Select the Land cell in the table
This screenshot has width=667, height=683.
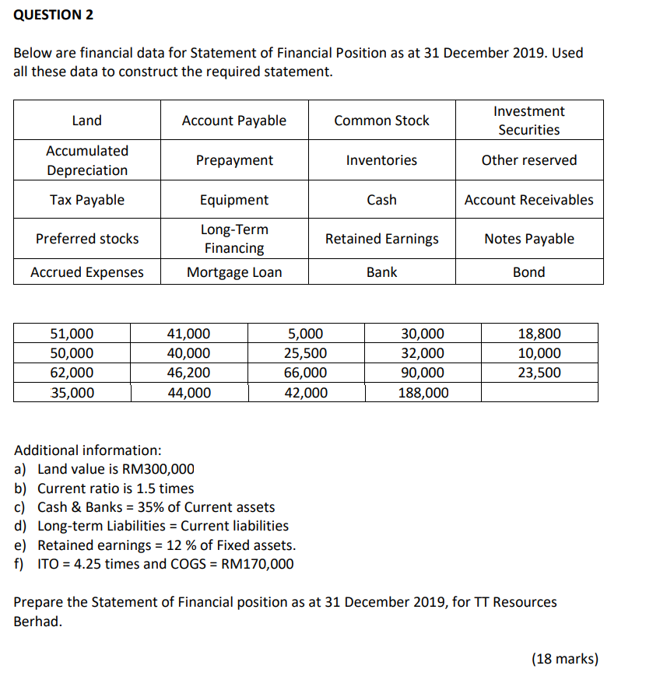86,121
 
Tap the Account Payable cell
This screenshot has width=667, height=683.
233,121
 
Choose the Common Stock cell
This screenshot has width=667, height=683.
381,121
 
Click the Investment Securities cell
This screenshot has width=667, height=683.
528,121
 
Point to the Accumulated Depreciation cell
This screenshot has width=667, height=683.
86,160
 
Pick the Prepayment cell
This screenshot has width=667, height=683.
233,160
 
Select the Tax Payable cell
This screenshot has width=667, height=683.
86,200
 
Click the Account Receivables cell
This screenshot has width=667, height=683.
528,200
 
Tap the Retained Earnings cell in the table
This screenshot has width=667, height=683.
381,239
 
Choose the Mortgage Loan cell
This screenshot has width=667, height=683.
233,272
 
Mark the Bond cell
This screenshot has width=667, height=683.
528,272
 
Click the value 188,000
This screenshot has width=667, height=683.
423,393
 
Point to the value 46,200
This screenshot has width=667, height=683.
188,373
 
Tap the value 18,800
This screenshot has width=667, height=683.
539,334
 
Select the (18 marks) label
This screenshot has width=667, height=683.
564,659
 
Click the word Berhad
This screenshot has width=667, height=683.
36,622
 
